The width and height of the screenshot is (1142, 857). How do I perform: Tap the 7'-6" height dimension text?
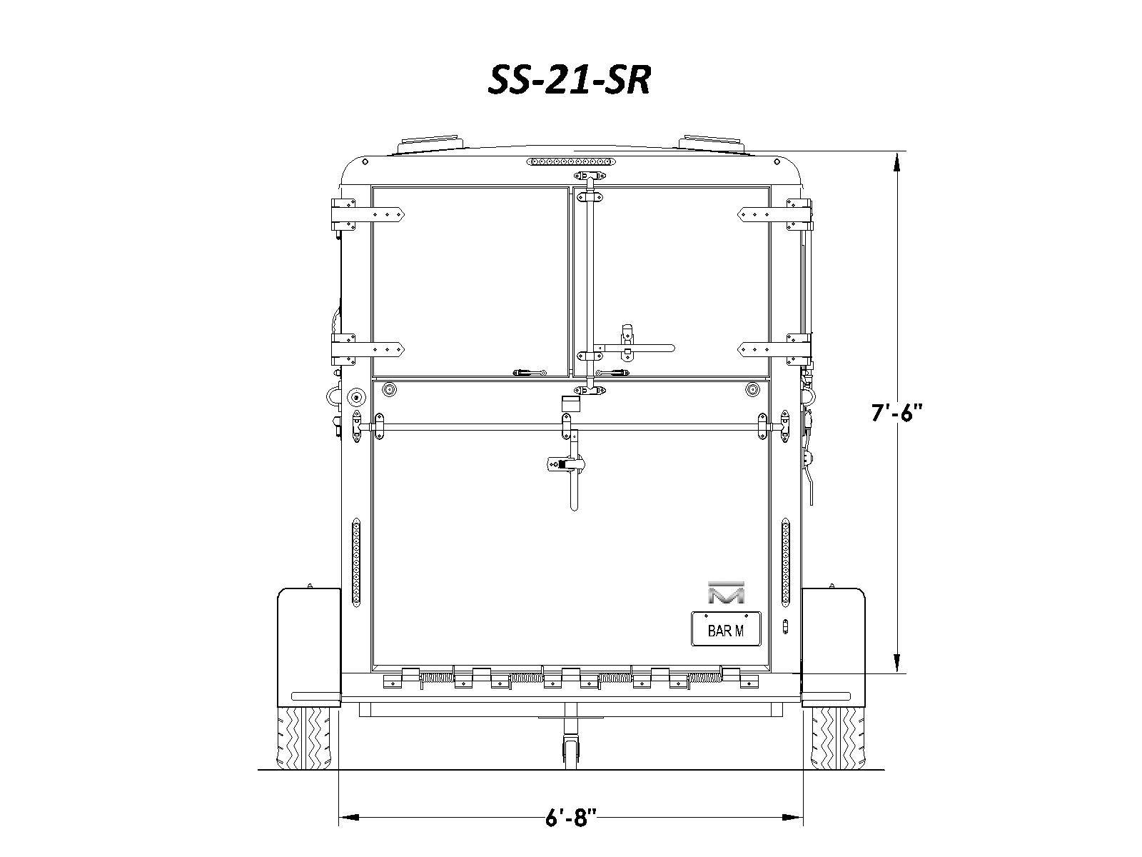pyautogui.click(x=897, y=413)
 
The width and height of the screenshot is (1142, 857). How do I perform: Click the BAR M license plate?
pyautogui.click(x=726, y=629)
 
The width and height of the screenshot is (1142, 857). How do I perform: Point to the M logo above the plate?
pyautogui.click(x=726, y=592)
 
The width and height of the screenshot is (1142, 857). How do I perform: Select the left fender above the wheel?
pyautogui.click(x=309, y=647)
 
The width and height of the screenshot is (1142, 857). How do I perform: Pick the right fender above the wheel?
pyautogui.click(x=834, y=647)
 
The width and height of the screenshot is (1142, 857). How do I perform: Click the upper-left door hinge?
pyautogui.click(x=368, y=214)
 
